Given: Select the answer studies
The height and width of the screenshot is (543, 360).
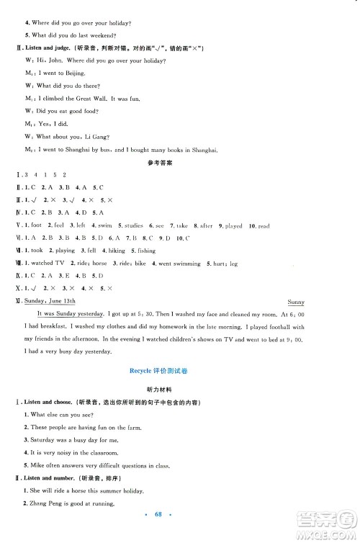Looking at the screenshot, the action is [133, 225].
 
